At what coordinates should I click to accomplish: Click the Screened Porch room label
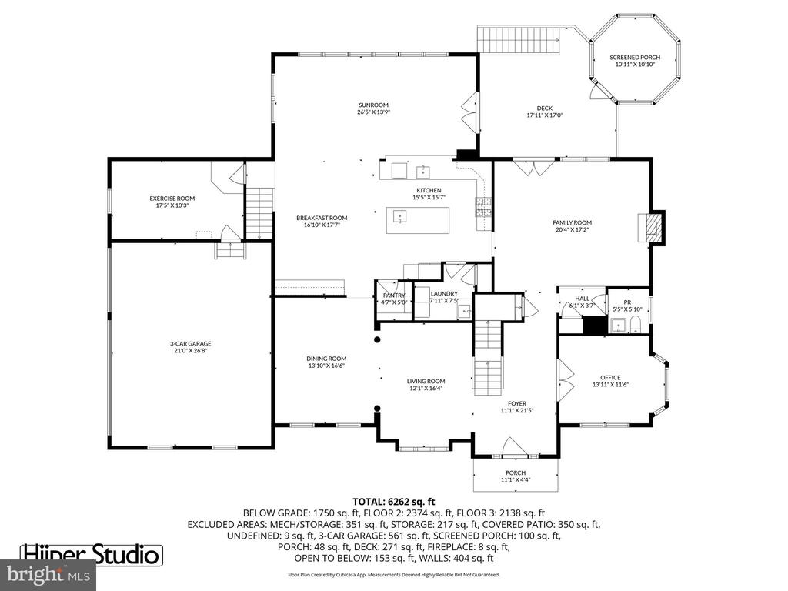635,58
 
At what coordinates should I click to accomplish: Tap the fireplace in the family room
653,227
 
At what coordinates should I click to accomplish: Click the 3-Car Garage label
190,343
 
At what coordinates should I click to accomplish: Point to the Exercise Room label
172,199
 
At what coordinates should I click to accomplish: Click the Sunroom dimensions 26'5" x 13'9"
372,112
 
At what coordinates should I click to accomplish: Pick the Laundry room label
444,293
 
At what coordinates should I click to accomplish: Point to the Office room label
610,377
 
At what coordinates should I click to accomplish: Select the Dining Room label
326,359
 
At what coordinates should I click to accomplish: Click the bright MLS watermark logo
48,574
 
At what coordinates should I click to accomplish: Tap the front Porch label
516,472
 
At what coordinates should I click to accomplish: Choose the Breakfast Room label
322,218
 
